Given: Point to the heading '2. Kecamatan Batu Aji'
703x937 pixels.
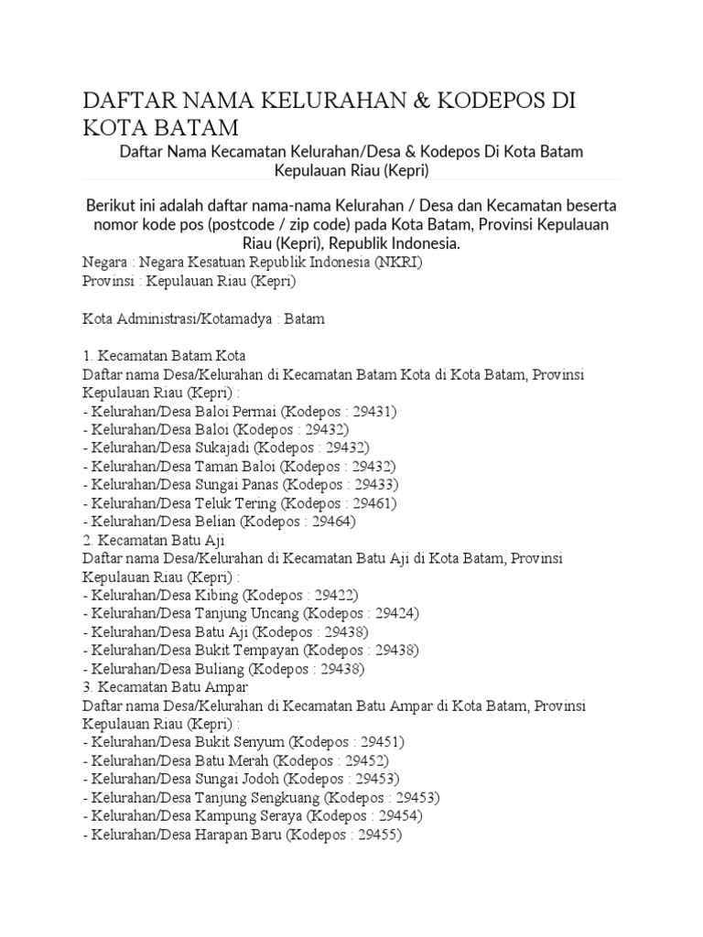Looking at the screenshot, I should (x=154, y=540).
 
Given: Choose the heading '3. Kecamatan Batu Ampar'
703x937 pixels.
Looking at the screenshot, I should (x=165, y=687).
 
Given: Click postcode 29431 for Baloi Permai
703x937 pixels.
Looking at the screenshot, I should (x=368, y=411).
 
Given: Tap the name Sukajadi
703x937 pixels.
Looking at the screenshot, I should (x=222, y=447).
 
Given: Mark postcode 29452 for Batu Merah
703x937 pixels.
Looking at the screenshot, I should (x=361, y=761).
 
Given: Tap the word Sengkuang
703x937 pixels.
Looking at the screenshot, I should (x=296, y=798).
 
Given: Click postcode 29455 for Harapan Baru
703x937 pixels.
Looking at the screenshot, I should (x=375, y=835).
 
